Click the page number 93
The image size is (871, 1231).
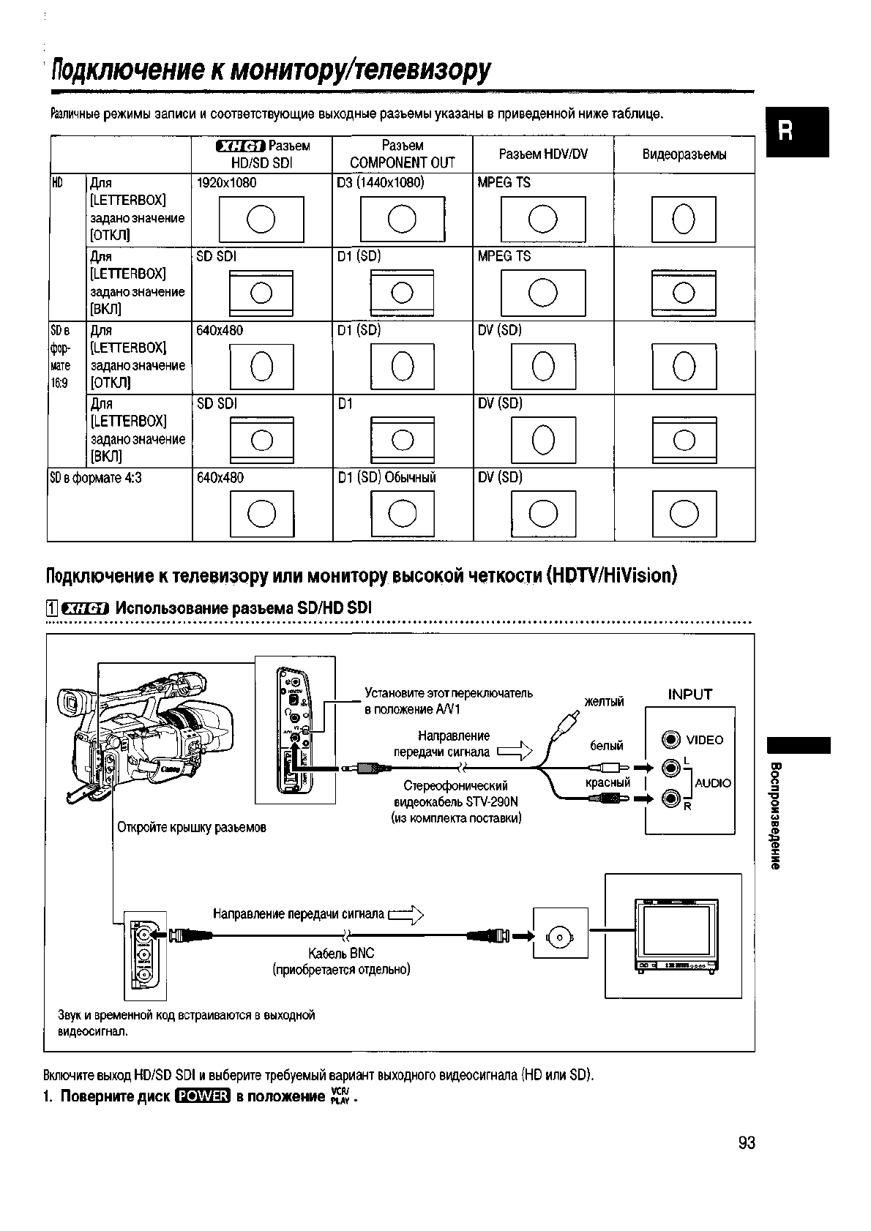pos(746,1142)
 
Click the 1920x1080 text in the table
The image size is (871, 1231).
pos(226,183)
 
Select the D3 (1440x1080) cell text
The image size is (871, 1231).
pos(380,183)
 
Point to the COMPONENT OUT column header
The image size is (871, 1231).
pos(402,162)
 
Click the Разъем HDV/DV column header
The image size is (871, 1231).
pos(543,154)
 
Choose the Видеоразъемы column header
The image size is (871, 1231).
pos(684,154)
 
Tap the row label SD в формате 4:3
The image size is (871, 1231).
pos(95,478)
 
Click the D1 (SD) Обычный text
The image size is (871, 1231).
pos(386,478)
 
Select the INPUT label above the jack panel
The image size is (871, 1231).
pos(689,695)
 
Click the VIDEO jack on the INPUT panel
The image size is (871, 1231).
pos(670,740)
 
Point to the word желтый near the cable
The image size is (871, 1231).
pos(604,702)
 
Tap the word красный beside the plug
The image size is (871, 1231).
pos(608,782)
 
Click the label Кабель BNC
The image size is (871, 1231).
pos(341,953)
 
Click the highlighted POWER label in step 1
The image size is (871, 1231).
pos(203,1096)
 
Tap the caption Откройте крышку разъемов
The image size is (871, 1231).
pos(192,828)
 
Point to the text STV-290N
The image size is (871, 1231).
pos(491,801)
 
